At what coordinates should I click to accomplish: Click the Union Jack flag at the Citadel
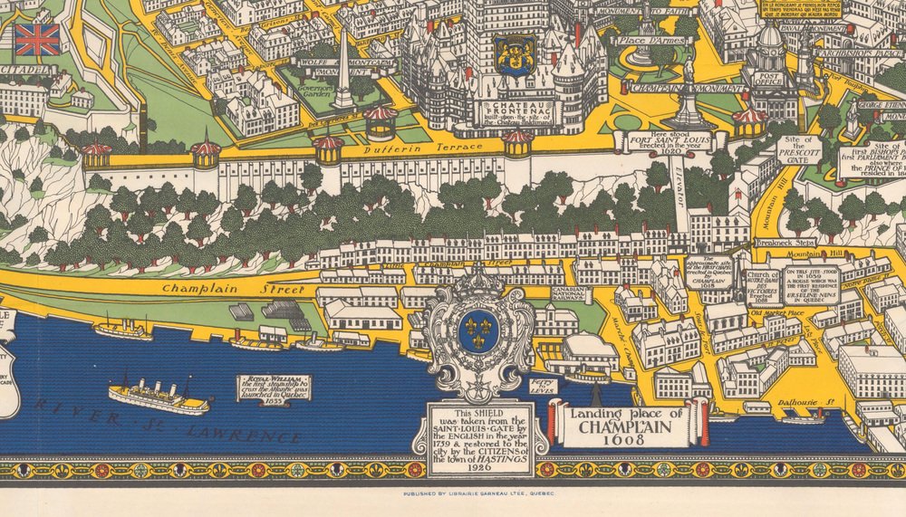(37, 39)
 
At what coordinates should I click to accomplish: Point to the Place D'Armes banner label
(644, 41)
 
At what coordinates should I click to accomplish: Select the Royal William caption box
(273, 388)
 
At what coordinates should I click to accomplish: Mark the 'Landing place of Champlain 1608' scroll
(627, 423)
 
